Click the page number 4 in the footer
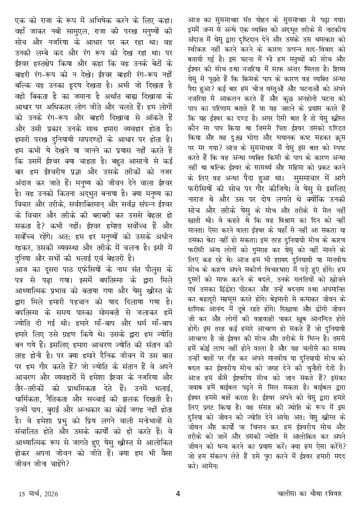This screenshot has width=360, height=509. (178, 493)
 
